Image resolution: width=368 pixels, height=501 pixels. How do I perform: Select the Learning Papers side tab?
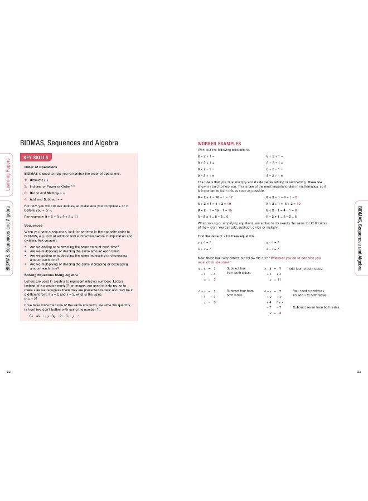pyautogui.click(x=7, y=173)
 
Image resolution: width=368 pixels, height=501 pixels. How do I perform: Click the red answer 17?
pyautogui.click(x=230, y=197)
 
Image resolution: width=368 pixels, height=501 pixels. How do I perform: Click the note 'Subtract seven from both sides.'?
pyautogui.click(x=315, y=307)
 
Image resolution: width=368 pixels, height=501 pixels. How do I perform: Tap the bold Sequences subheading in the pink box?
pyautogui.click(x=35, y=225)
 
